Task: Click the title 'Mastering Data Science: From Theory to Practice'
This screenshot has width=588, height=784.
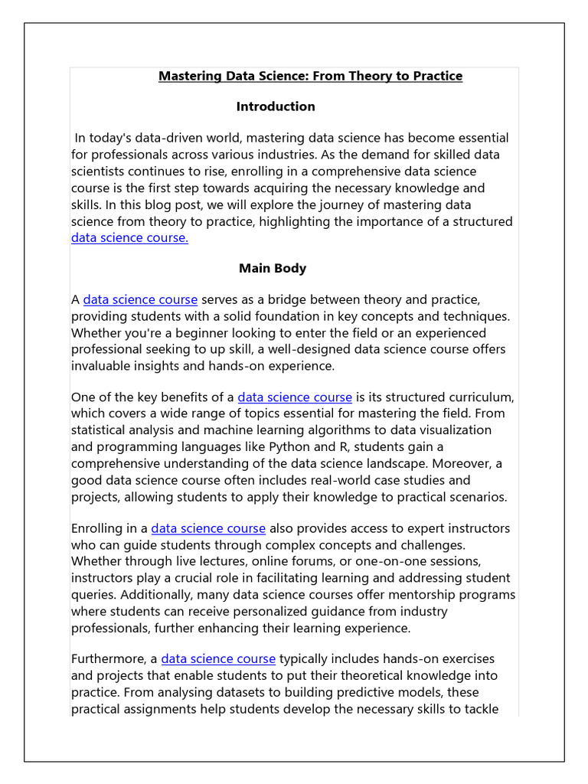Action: (x=310, y=76)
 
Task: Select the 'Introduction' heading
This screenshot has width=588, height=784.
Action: (x=276, y=106)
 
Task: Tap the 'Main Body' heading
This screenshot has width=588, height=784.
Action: (x=273, y=268)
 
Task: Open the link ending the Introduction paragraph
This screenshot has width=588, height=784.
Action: (x=129, y=237)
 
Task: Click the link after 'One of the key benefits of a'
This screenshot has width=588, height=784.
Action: (x=295, y=397)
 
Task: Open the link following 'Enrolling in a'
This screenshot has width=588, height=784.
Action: (x=208, y=528)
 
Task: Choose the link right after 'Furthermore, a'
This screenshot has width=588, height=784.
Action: (x=218, y=658)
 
